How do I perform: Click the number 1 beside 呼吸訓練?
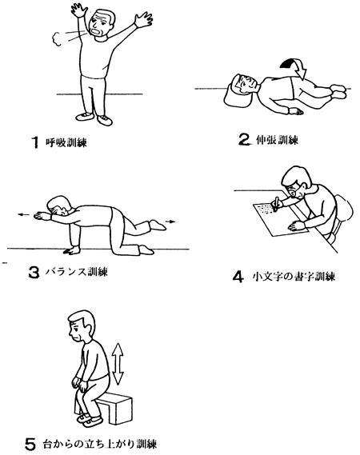point(35,142)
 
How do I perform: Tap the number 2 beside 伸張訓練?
point(244,139)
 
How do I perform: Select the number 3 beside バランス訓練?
point(34,273)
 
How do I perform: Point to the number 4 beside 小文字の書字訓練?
point(238,276)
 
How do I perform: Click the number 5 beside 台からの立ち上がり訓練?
point(30,444)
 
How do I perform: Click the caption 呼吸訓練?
point(66,142)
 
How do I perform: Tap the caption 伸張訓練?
point(278,140)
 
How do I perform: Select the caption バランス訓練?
point(77,272)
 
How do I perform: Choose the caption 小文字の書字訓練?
point(294,276)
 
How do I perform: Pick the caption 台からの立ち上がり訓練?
point(99,444)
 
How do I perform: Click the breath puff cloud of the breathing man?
point(57,39)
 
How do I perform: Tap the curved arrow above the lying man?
point(294,67)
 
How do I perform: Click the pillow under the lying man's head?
point(237,94)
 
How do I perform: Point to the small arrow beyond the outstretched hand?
point(24,215)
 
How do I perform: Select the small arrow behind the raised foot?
point(170,222)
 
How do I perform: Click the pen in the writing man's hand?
point(275,203)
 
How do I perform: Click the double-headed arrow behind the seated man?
point(118,363)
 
